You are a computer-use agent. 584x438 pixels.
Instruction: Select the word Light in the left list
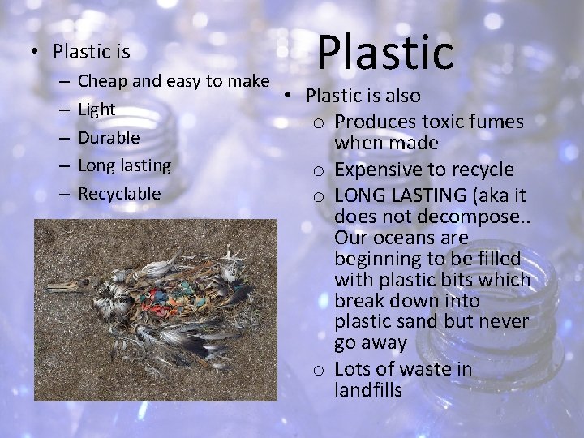point(97,109)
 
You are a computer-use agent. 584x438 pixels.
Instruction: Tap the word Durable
point(109,137)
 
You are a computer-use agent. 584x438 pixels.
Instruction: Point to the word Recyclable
point(120,195)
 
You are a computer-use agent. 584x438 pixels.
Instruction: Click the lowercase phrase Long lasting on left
point(124,165)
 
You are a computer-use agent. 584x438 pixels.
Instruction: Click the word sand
point(420,322)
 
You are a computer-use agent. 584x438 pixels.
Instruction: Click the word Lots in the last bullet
point(352,368)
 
